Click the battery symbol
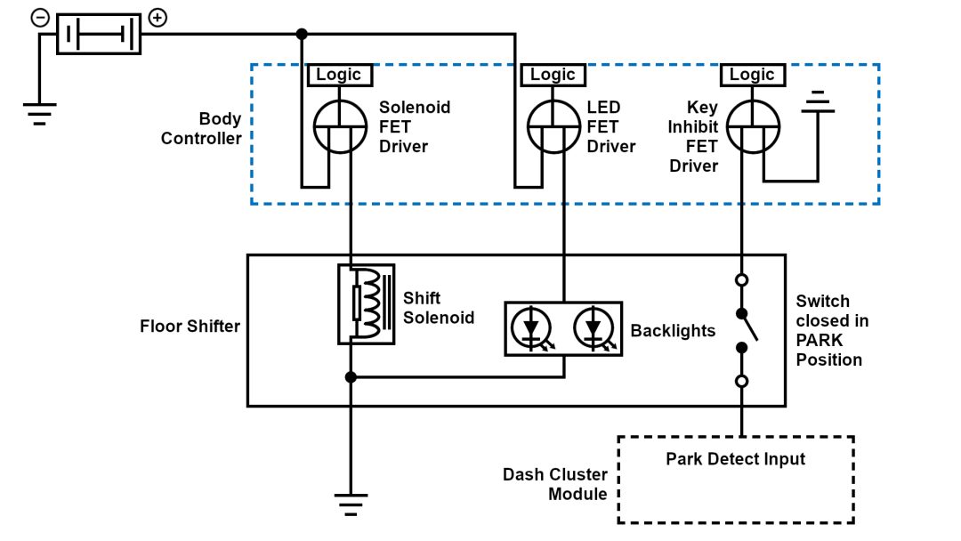click(x=99, y=34)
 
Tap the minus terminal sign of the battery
click(x=40, y=18)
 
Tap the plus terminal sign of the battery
click(x=157, y=18)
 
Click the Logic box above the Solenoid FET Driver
click(x=338, y=75)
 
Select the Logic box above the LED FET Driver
click(x=553, y=75)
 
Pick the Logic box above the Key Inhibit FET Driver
click(x=752, y=75)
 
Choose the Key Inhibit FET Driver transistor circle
click(x=753, y=126)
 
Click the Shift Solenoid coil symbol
click(x=366, y=303)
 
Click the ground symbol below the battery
click(x=39, y=113)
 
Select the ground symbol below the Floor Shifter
click(x=351, y=504)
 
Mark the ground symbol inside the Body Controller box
click(x=817, y=105)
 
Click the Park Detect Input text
click(x=735, y=459)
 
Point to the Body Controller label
click(x=201, y=129)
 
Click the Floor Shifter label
click(x=190, y=327)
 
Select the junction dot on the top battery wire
click(x=302, y=34)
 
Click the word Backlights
click(x=673, y=331)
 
